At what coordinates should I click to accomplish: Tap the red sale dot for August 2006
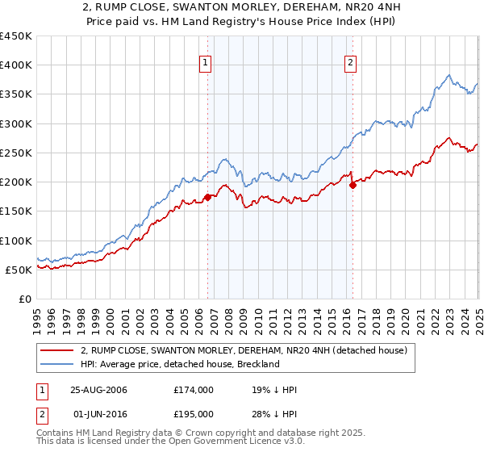207,197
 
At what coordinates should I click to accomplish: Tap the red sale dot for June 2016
353,185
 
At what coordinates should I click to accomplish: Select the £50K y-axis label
19,270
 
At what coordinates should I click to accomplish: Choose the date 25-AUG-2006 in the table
99,390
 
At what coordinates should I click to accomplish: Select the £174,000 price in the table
193,390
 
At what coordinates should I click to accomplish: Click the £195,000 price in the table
193,414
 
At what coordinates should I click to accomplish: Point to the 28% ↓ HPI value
275,414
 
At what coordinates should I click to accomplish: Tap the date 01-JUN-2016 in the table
99,414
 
